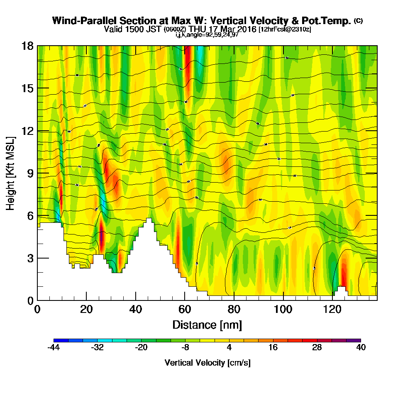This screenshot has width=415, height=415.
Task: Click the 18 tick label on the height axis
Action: pos(27,46)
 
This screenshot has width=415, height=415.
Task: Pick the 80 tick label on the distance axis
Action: pos(234,309)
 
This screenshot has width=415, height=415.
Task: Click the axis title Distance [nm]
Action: pos(207,325)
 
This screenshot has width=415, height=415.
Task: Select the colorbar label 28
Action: pos(317,348)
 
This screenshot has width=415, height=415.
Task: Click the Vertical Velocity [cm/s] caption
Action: pos(207,363)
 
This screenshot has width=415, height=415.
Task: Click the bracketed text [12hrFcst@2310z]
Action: pos(285,29)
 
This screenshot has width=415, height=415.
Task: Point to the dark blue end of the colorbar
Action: pos(57,340)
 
